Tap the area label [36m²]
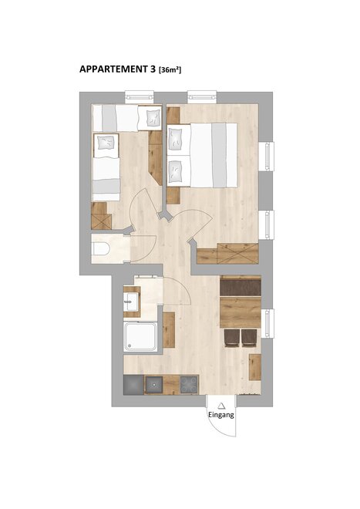pos(170,69)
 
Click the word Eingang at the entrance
pos(221,415)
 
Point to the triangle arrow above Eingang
pos(221,406)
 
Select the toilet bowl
pos(101,249)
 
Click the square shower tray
pos(140,336)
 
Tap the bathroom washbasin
pos(131,302)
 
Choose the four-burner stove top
pos(189,385)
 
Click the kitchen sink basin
pos(153,385)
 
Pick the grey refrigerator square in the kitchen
pos(133,385)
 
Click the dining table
pos(241,312)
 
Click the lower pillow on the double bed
pos(176,172)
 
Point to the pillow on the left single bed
pos(106,143)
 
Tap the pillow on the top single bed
pos(153,117)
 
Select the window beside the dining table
pos(267,323)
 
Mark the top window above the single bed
pos(140,96)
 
